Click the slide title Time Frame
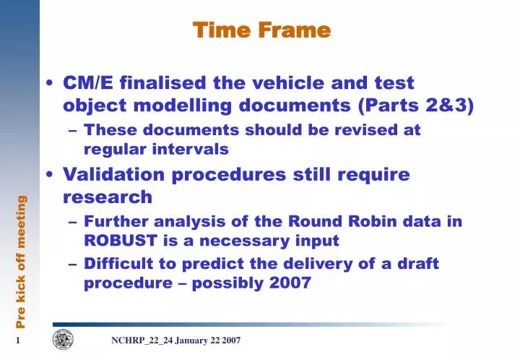click(261, 30)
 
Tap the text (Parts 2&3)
click(416, 106)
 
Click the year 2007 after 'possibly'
click(289, 283)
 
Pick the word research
click(108, 197)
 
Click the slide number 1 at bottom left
click(15, 340)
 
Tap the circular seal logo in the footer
click(63, 340)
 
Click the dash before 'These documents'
click(74, 132)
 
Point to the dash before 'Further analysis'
click(74, 222)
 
